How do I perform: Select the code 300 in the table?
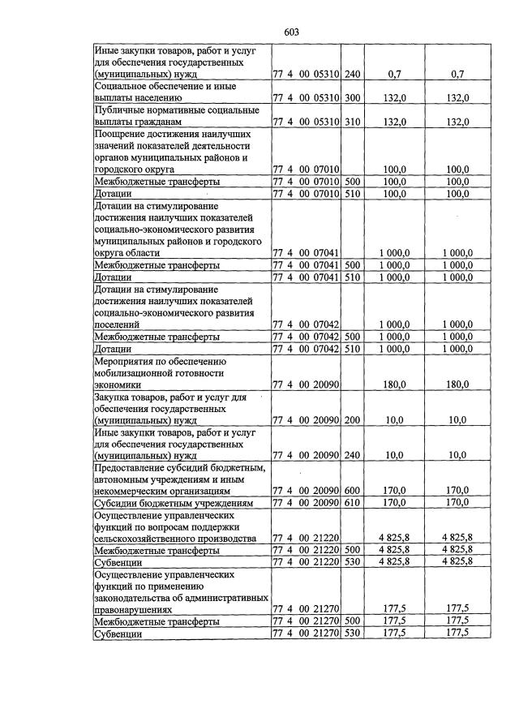click(352, 98)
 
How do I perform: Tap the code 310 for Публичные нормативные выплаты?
click(352, 122)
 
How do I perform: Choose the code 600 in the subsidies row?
click(352, 491)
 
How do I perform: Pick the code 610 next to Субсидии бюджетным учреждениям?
click(352, 503)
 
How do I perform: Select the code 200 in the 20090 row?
click(352, 419)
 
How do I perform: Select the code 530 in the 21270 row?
click(352, 634)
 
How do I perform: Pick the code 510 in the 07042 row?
click(352, 349)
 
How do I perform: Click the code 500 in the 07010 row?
click(352, 182)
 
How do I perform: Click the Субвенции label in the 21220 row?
click(119, 562)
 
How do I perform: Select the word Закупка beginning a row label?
click(117, 397)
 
